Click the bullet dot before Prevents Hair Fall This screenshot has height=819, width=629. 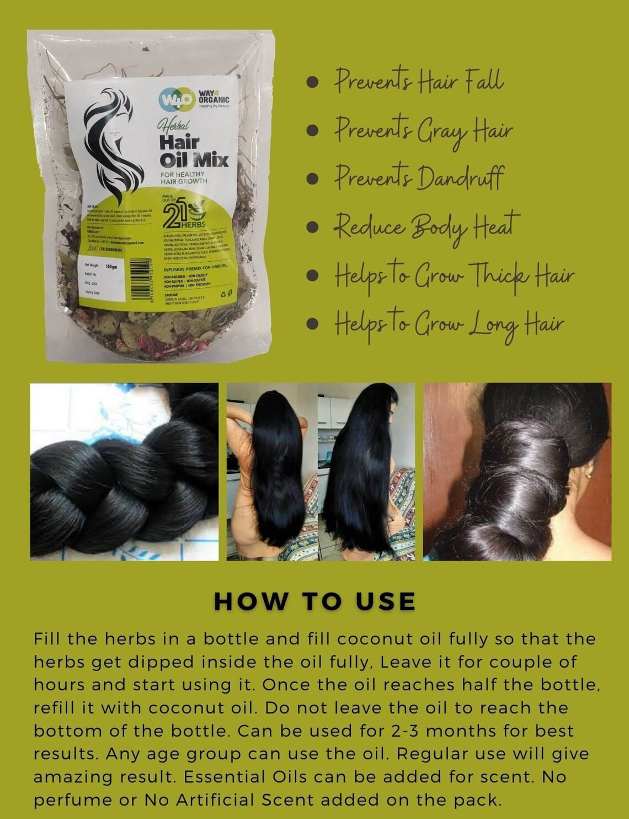(x=313, y=82)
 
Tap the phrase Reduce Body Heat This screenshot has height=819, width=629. (x=427, y=226)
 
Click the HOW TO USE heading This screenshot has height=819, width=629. (x=314, y=601)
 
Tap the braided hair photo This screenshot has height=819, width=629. (x=124, y=472)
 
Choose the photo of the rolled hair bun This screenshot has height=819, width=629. (x=517, y=472)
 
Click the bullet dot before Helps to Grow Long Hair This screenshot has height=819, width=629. (x=313, y=323)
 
